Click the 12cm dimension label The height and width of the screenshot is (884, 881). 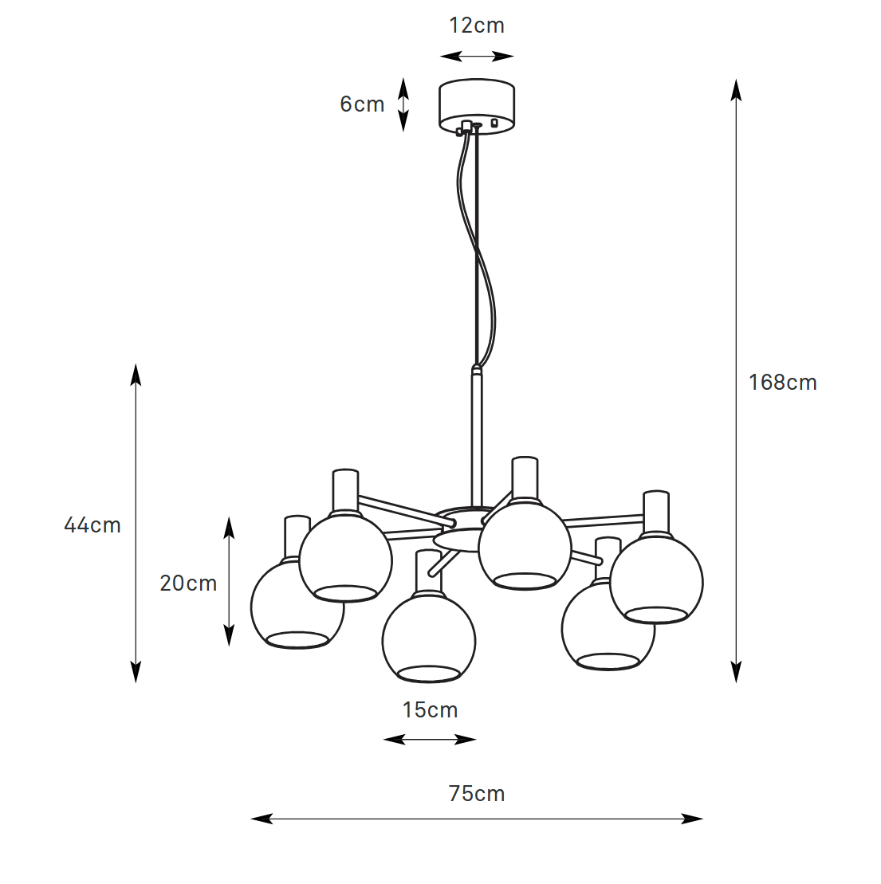(x=477, y=26)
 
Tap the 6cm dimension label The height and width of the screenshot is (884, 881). (x=362, y=104)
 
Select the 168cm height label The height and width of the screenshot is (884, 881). (x=782, y=383)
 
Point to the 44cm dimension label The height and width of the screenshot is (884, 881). (x=92, y=525)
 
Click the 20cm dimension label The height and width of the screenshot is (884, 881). (x=188, y=583)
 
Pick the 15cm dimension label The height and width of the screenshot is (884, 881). (x=430, y=710)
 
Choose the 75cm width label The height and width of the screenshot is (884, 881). (x=477, y=794)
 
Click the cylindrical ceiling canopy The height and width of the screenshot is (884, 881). (x=477, y=106)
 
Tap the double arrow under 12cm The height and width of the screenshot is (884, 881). (x=477, y=56)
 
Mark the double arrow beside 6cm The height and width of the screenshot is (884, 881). (x=403, y=104)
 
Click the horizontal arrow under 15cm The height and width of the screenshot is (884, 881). (x=430, y=740)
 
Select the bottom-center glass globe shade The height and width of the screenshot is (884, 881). (x=429, y=638)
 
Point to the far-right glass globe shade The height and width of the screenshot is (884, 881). (x=656, y=580)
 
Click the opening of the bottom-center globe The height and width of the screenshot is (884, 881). (x=429, y=674)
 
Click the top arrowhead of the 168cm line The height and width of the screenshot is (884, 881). (x=736, y=88)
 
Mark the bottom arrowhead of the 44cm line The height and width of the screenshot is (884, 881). (x=136, y=674)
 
